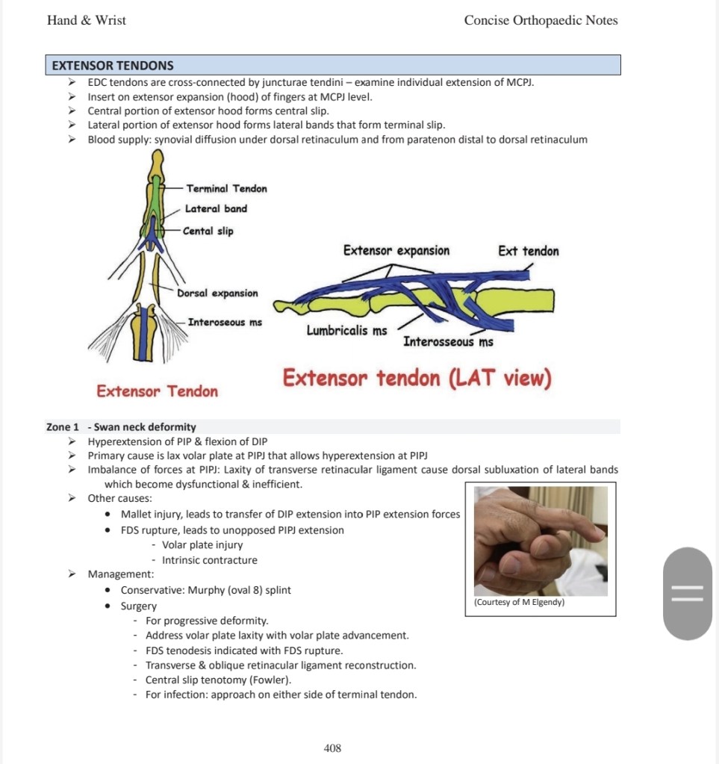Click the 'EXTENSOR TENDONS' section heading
click(x=113, y=66)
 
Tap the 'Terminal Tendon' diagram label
click(x=226, y=188)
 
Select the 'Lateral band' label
click(x=216, y=209)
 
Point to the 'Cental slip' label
click(x=208, y=232)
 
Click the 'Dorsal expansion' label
click(x=217, y=294)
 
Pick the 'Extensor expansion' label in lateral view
click(x=396, y=251)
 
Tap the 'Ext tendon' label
click(x=528, y=251)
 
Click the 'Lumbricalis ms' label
click(x=346, y=330)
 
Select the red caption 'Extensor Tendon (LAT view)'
click(x=417, y=379)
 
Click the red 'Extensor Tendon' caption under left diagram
click(x=158, y=391)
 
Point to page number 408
click(x=332, y=748)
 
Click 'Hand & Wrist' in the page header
click(x=87, y=20)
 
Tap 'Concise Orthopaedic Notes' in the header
click(x=541, y=20)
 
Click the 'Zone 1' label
click(x=63, y=427)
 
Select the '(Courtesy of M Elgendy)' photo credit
click(x=519, y=602)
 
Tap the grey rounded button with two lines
click(x=688, y=594)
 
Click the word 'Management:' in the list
click(x=121, y=574)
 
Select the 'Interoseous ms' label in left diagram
click(x=225, y=323)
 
